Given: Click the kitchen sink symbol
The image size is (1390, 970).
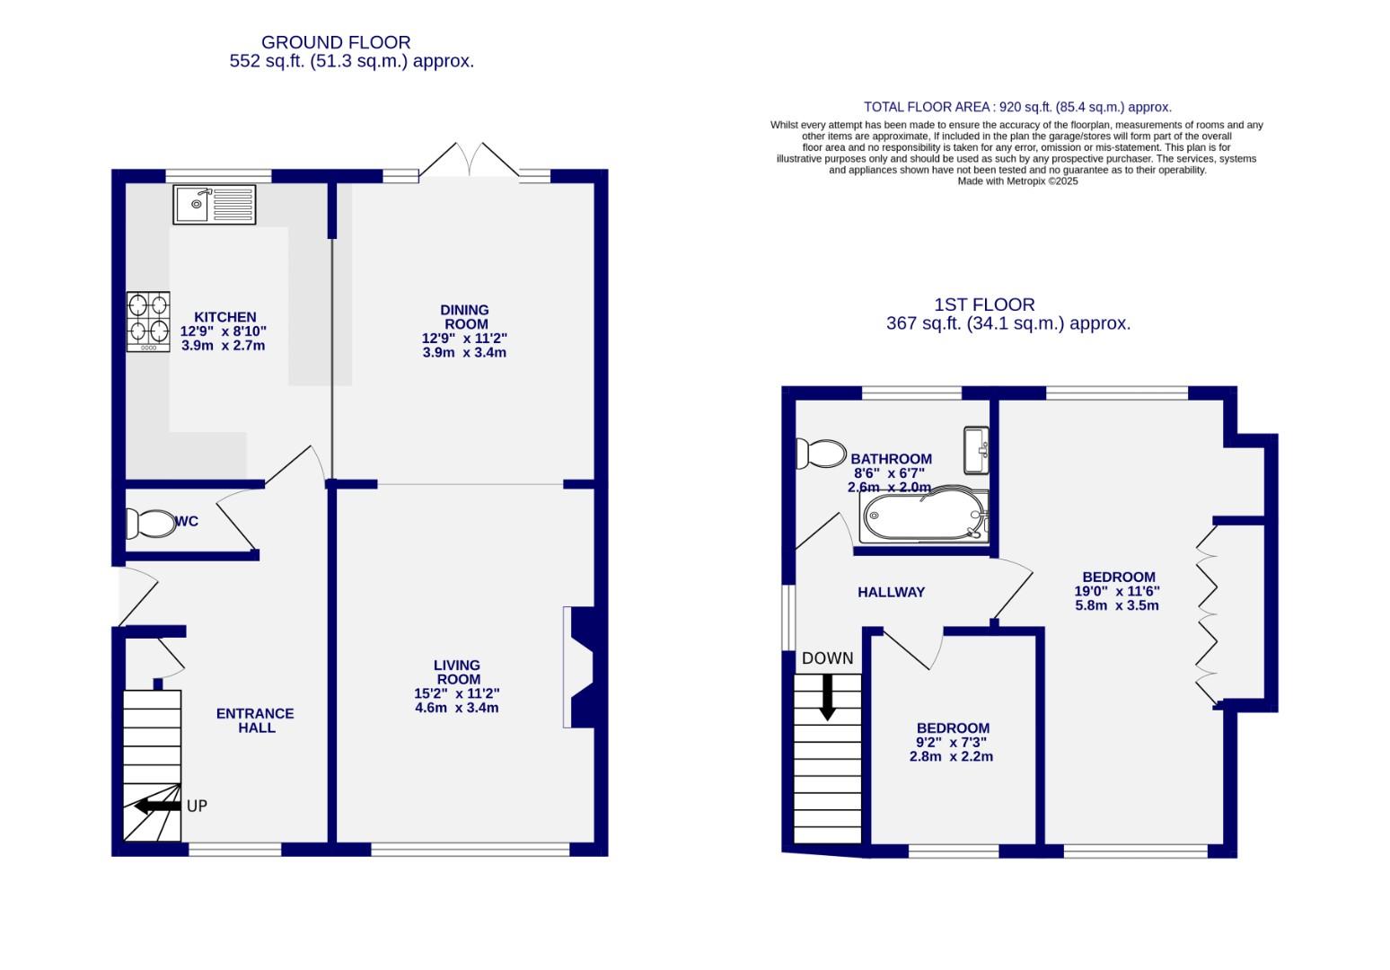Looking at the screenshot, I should point(215,204).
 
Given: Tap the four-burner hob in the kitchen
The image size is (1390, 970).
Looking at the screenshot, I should point(148,322).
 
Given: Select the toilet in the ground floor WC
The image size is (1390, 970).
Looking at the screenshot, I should point(152,523).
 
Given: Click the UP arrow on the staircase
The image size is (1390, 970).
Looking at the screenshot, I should point(159,806).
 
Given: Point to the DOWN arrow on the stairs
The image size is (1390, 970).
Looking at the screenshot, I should point(827,696).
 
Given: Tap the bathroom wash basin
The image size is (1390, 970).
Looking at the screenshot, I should point(975,450).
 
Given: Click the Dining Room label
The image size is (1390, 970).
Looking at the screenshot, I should point(464,317).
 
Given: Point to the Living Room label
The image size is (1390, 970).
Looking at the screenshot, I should point(457,672).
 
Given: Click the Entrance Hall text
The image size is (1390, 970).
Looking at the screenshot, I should point(255,720).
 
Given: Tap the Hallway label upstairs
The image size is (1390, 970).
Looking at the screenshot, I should point(891,592).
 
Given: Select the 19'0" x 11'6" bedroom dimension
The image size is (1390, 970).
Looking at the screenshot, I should point(1117,591).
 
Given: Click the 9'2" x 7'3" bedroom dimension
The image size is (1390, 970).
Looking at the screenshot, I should point(952,742).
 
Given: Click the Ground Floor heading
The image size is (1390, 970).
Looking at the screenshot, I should point(336,42).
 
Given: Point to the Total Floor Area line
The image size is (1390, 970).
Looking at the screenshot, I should point(1017,106).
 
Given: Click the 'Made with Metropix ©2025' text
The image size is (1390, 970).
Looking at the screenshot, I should point(1017,181).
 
